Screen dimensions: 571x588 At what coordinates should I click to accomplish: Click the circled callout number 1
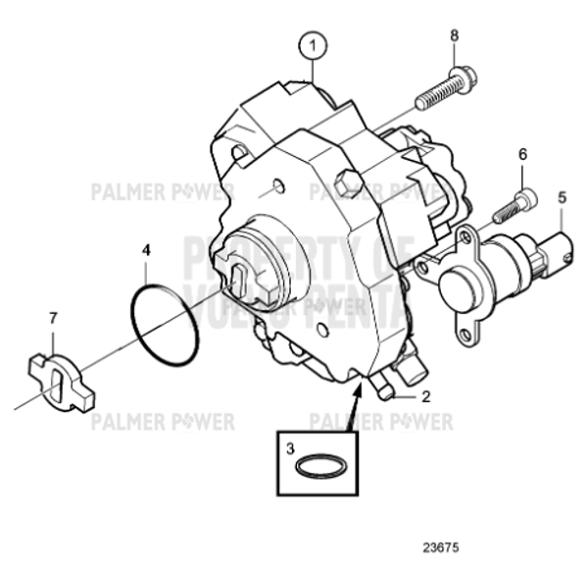[x=312, y=44]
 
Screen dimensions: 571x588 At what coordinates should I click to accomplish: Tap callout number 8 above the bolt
[x=454, y=36]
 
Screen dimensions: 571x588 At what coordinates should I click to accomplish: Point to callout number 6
[x=522, y=154]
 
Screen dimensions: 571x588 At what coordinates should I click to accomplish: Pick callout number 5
[x=562, y=197]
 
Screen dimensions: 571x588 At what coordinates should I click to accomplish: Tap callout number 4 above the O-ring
[x=146, y=250]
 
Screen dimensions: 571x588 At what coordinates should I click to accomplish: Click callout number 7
[x=54, y=317]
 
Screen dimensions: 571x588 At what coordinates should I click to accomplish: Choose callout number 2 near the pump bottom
[x=426, y=397]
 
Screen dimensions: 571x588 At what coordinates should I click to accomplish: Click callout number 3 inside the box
[x=290, y=447]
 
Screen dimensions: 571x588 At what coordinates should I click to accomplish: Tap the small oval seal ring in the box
[x=320, y=467]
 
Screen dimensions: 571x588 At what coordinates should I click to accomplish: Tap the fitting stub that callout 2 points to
[x=384, y=393]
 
